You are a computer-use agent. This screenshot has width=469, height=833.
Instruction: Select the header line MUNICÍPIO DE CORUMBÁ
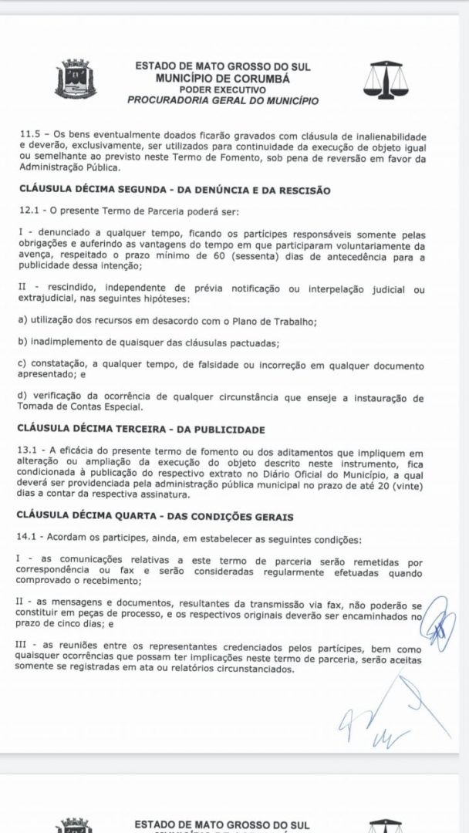(x=222, y=79)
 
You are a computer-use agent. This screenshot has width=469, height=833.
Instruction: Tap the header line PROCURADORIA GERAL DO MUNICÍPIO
(x=222, y=100)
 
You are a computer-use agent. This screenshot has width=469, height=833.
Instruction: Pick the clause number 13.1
(x=30, y=450)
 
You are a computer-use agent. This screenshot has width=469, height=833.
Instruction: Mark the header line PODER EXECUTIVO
(x=223, y=89)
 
